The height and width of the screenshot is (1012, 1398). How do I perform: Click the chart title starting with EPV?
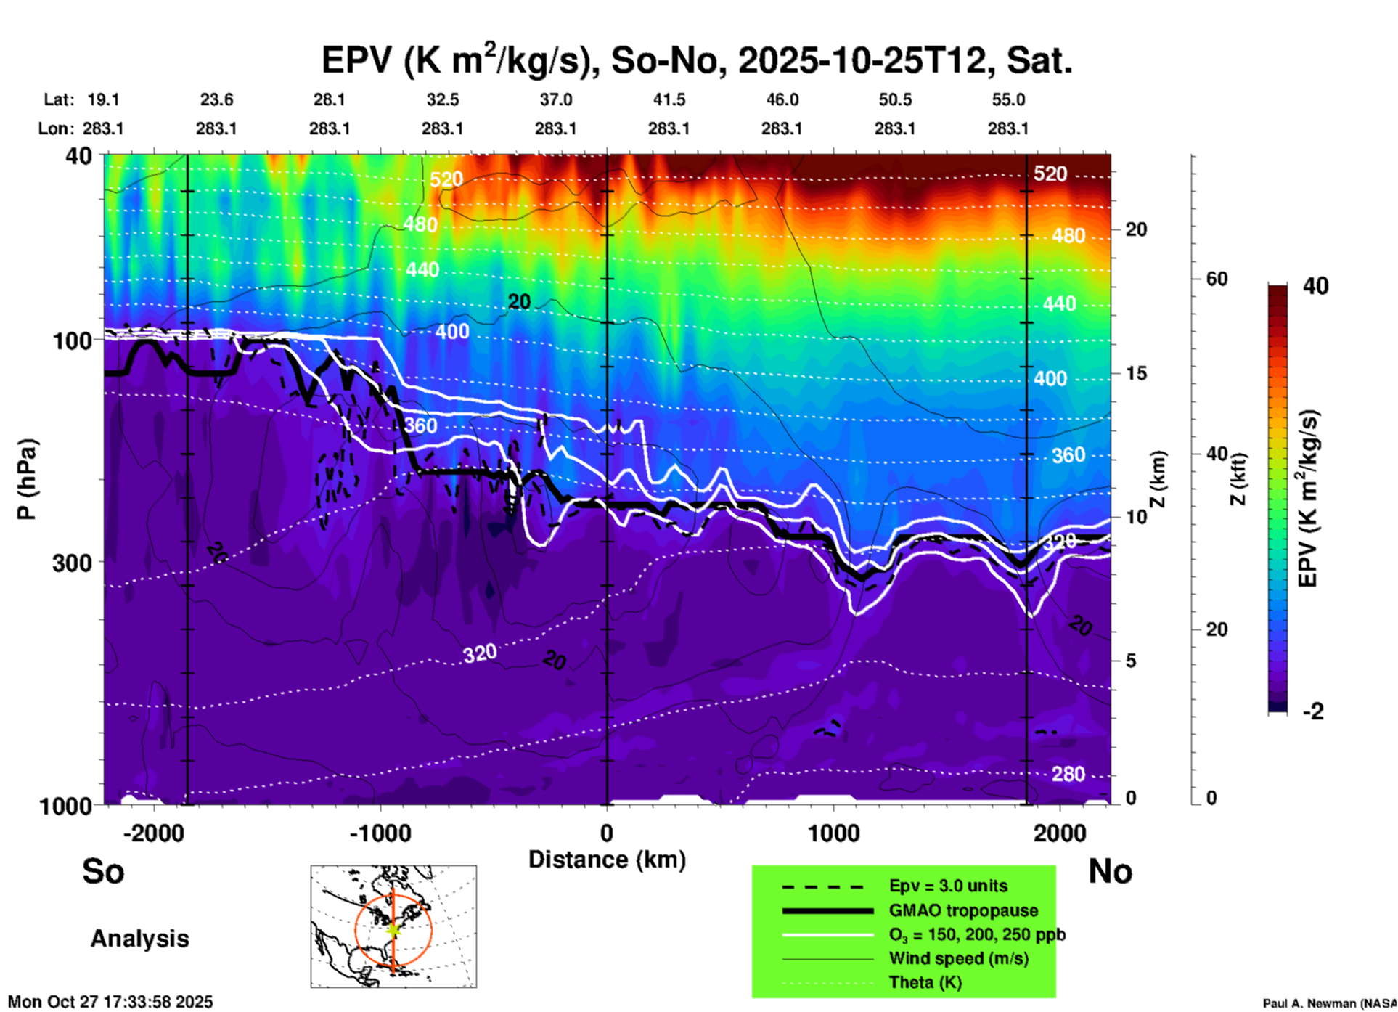(697, 60)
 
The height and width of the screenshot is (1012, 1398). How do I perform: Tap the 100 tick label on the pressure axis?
(73, 340)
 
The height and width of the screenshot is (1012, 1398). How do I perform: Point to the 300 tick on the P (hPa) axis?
(73, 563)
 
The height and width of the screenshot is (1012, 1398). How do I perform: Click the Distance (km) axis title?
(607, 860)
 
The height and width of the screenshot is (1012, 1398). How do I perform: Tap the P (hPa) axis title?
(27, 478)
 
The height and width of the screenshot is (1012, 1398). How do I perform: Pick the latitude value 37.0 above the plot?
(556, 99)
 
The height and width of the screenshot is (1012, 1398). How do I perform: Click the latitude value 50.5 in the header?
(895, 99)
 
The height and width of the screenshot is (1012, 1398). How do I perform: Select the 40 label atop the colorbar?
(1315, 286)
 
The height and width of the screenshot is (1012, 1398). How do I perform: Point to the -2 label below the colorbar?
(1313, 711)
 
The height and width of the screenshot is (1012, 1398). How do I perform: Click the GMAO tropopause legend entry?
(963, 910)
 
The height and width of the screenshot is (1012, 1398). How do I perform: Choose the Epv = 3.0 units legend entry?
(948, 886)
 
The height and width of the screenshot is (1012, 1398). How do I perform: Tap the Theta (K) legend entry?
(925, 982)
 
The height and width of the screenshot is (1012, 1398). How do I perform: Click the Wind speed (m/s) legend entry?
(958, 958)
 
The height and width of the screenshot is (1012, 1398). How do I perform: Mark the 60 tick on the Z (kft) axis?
(1217, 279)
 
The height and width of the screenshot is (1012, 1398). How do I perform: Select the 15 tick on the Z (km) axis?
(1136, 373)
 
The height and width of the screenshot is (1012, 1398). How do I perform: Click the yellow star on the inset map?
(393, 929)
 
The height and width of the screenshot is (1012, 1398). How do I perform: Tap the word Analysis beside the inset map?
(139, 939)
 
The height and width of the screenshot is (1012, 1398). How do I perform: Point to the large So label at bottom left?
(103, 871)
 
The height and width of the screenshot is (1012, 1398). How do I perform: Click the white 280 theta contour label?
(1068, 775)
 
